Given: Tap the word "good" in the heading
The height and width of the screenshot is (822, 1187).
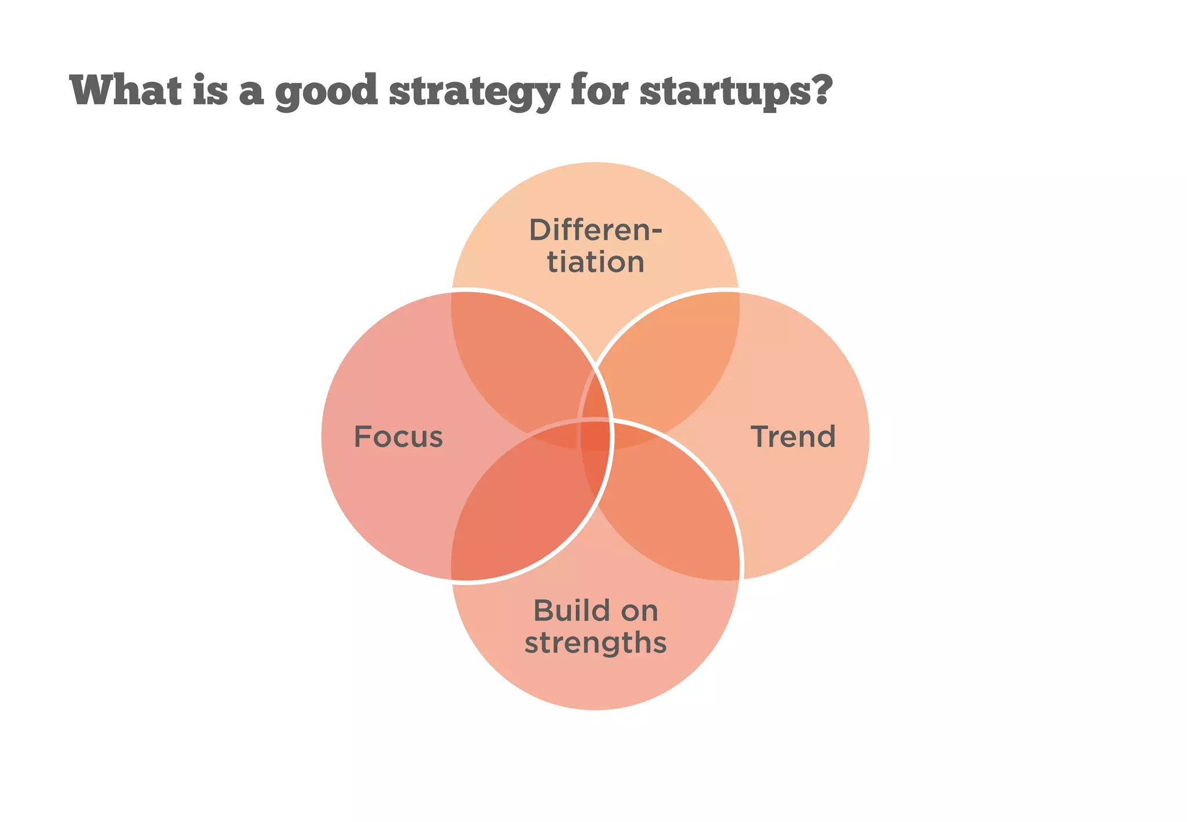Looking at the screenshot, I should click(x=326, y=92).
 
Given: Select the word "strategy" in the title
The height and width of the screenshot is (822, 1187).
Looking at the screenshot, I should click(x=474, y=92).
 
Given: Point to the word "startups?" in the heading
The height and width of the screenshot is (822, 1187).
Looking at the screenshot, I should click(x=736, y=92).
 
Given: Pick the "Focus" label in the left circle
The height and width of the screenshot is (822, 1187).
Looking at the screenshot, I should click(x=398, y=437).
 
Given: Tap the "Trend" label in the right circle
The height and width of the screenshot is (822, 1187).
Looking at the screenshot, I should click(x=793, y=437).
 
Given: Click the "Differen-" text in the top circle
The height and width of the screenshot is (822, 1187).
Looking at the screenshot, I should click(x=595, y=230).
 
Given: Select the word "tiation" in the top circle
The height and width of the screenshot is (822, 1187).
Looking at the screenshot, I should click(x=595, y=261).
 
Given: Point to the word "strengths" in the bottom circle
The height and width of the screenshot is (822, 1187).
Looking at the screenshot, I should click(x=595, y=642).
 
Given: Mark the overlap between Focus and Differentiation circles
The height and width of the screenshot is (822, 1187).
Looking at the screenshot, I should click(x=516, y=359).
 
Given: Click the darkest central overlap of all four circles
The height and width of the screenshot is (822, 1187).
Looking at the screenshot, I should click(x=596, y=436).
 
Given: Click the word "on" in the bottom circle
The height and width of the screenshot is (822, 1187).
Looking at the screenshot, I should click(x=639, y=610).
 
